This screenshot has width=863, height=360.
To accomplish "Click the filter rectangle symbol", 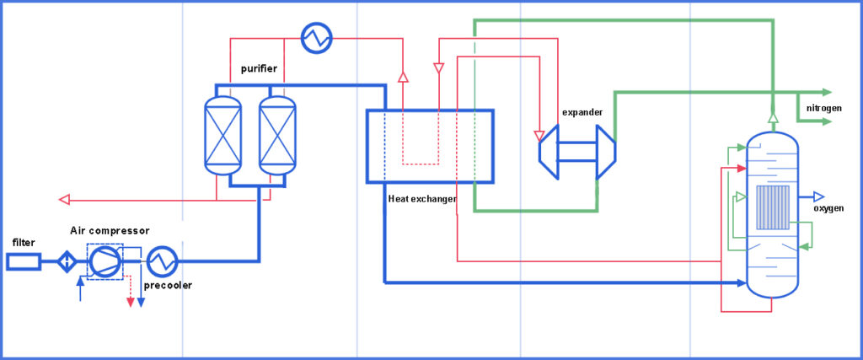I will [x=23, y=262].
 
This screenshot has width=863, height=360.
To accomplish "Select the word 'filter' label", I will [x=24, y=243].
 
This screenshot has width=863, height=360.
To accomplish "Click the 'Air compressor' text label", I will [x=110, y=230].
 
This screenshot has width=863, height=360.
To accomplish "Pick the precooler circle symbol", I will [x=160, y=262].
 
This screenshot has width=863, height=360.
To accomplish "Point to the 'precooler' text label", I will [x=166, y=285].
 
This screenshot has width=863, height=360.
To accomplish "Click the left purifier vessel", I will [x=222, y=135].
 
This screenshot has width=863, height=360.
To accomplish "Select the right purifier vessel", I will [x=277, y=135].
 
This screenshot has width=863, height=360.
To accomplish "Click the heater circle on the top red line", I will [x=317, y=37].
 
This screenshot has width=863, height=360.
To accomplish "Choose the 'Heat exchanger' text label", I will [x=422, y=199].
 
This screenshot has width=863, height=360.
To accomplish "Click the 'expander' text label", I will [x=582, y=112].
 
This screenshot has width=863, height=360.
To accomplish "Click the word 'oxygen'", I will [x=828, y=208].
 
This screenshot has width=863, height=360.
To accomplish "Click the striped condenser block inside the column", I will [x=773, y=207].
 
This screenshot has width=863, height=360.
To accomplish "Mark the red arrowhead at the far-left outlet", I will [x=63, y=200].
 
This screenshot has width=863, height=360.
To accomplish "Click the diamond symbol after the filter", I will [x=66, y=262].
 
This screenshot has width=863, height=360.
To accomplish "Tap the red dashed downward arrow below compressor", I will [x=130, y=301].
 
